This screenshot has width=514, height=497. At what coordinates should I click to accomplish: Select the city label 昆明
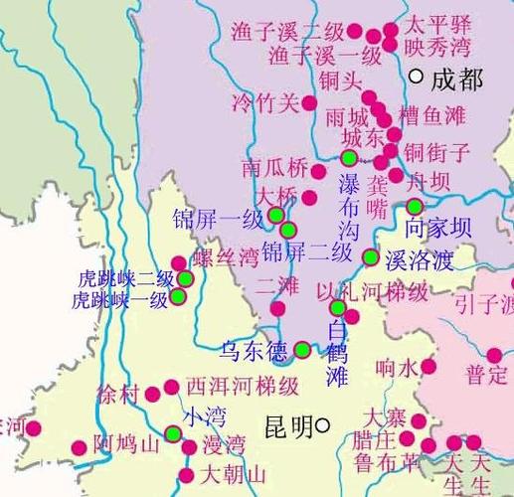point(288,427)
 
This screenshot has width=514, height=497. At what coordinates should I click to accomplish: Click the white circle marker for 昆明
point(323,427)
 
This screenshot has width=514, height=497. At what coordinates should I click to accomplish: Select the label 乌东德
point(253,350)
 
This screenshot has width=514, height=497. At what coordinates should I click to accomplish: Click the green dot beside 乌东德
point(301,349)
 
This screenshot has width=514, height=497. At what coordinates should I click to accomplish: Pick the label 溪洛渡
point(419,260)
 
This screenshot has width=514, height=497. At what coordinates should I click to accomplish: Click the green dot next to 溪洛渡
point(371,257)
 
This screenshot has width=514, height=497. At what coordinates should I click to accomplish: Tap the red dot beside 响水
point(428,367)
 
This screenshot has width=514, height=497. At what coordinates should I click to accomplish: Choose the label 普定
point(487,375)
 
